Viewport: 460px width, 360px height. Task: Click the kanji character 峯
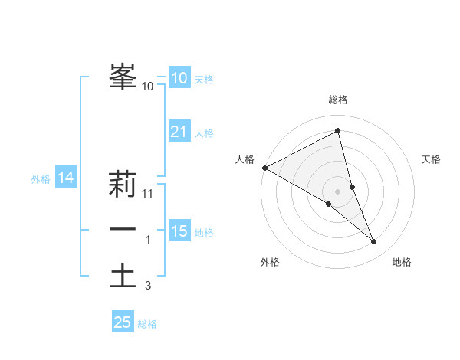122,76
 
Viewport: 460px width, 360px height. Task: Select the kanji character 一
122,229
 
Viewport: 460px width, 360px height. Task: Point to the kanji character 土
122,275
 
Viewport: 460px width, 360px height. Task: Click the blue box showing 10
179,78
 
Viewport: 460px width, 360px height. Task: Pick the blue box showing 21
179,132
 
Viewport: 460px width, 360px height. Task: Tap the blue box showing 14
65,178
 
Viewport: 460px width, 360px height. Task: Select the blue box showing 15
179,231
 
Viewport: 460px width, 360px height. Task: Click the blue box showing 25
123,322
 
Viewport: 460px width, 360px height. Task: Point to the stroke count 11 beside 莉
149,194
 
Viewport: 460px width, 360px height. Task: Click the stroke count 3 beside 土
148,286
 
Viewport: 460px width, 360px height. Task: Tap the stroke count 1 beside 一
148,240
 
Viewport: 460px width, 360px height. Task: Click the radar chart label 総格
338,100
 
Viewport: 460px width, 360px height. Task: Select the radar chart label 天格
431,159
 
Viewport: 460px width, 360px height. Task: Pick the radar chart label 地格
402,262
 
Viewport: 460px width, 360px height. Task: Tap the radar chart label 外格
270,262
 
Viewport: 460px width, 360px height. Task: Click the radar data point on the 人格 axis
264,167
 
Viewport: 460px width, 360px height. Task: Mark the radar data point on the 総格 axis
338,130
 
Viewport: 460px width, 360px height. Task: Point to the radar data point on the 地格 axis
373,241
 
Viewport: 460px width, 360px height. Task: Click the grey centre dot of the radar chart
338,191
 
